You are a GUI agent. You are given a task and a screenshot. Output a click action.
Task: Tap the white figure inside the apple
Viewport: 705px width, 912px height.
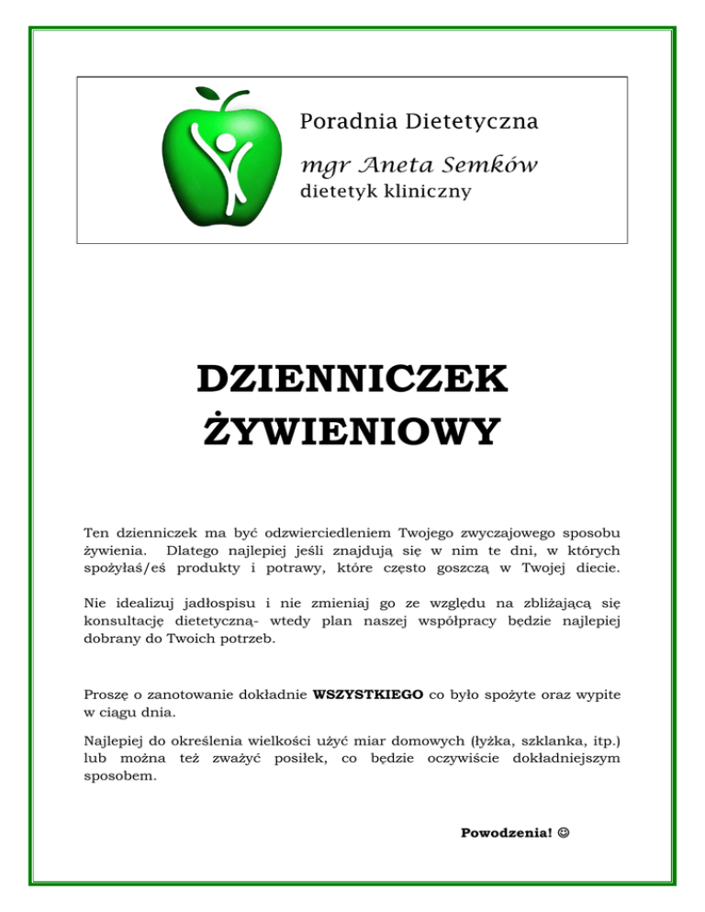[x=220, y=161]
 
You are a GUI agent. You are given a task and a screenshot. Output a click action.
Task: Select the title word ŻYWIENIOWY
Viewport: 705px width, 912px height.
[x=352, y=429]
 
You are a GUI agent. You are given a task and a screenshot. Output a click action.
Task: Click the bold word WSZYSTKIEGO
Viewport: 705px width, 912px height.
[x=368, y=695]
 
